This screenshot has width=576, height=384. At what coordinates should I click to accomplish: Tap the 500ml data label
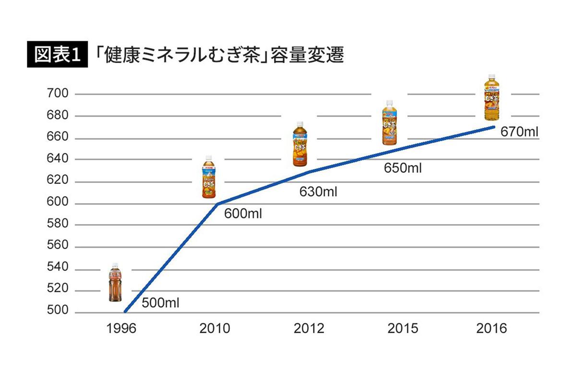tap(160, 303)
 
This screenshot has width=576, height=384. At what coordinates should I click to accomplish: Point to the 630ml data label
tap(318, 192)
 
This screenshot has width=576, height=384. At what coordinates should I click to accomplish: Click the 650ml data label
tap(403, 168)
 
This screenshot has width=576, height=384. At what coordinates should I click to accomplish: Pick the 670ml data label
tap(519, 131)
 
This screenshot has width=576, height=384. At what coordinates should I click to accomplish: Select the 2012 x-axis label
tap(308, 329)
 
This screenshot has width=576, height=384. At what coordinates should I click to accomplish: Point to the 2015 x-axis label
tap(402, 329)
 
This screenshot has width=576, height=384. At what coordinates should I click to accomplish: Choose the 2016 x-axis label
tap(492, 329)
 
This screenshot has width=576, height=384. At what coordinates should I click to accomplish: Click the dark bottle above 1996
tap(115, 282)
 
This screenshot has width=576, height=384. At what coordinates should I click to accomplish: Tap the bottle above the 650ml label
tap(390, 122)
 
